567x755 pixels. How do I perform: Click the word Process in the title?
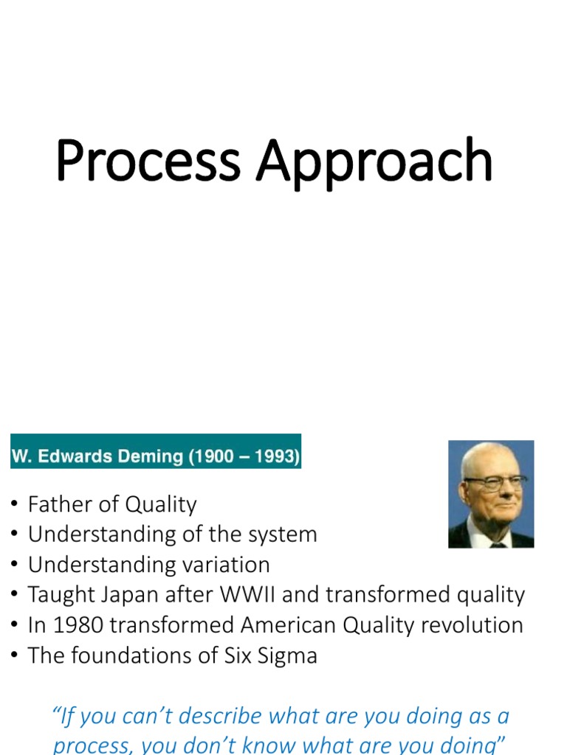point(148,161)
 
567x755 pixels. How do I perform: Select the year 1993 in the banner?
point(274,456)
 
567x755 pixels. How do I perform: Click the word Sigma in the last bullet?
point(288,655)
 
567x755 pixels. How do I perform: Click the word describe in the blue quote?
point(220,717)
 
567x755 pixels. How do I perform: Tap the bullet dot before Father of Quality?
point(15,505)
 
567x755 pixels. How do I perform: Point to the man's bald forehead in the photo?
point(487,457)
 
